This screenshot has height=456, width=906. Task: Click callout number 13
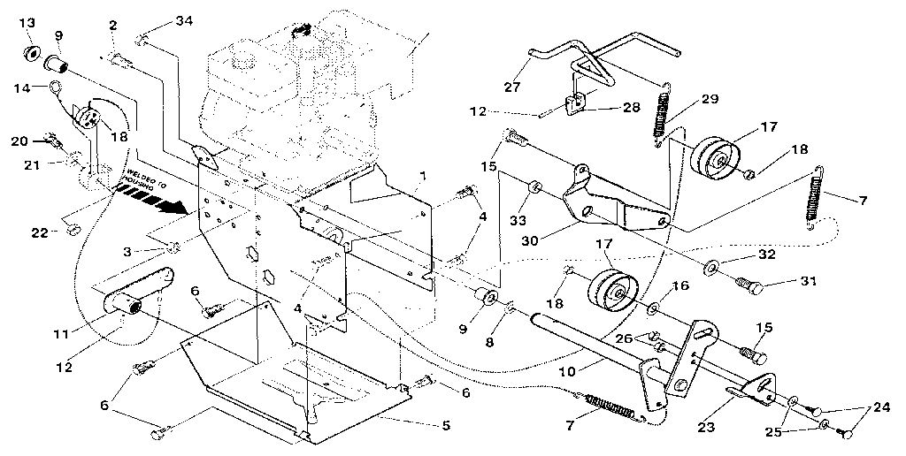pos(27,21)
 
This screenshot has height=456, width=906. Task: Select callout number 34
pos(182,20)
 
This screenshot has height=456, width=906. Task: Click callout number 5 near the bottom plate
pos(445,426)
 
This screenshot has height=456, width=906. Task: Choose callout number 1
pos(423,176)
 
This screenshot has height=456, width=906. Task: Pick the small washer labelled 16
pos(652,308)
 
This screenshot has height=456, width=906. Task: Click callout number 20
pos(19,140)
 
